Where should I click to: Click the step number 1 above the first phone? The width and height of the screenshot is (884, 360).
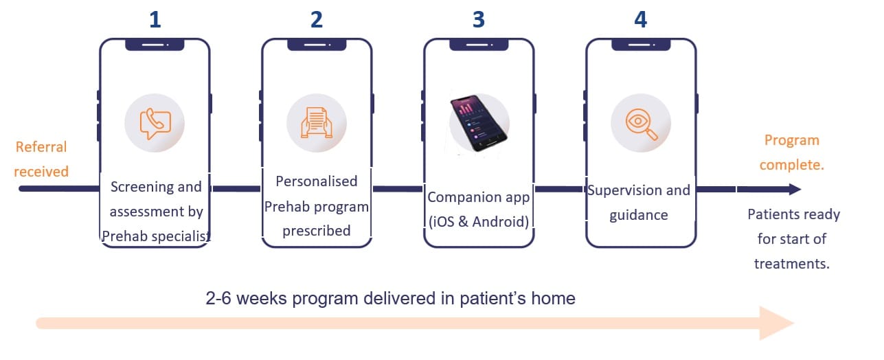[x=155, y=19]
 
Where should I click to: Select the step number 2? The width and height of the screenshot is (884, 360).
[x=317, y=19]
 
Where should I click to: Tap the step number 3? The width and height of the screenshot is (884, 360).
[x=479, y=19]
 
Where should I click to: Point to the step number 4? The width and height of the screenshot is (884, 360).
[x=640, y=19]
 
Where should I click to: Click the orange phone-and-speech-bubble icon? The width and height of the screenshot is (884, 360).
[x=155, y=124]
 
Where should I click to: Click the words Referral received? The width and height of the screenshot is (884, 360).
[x=41, y=159]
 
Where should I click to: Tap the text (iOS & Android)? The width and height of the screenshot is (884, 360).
[x=479, y=222]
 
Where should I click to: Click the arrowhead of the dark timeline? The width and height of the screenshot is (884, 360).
[x=794, y=189]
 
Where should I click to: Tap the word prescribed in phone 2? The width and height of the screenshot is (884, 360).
[x=317, y=231]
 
